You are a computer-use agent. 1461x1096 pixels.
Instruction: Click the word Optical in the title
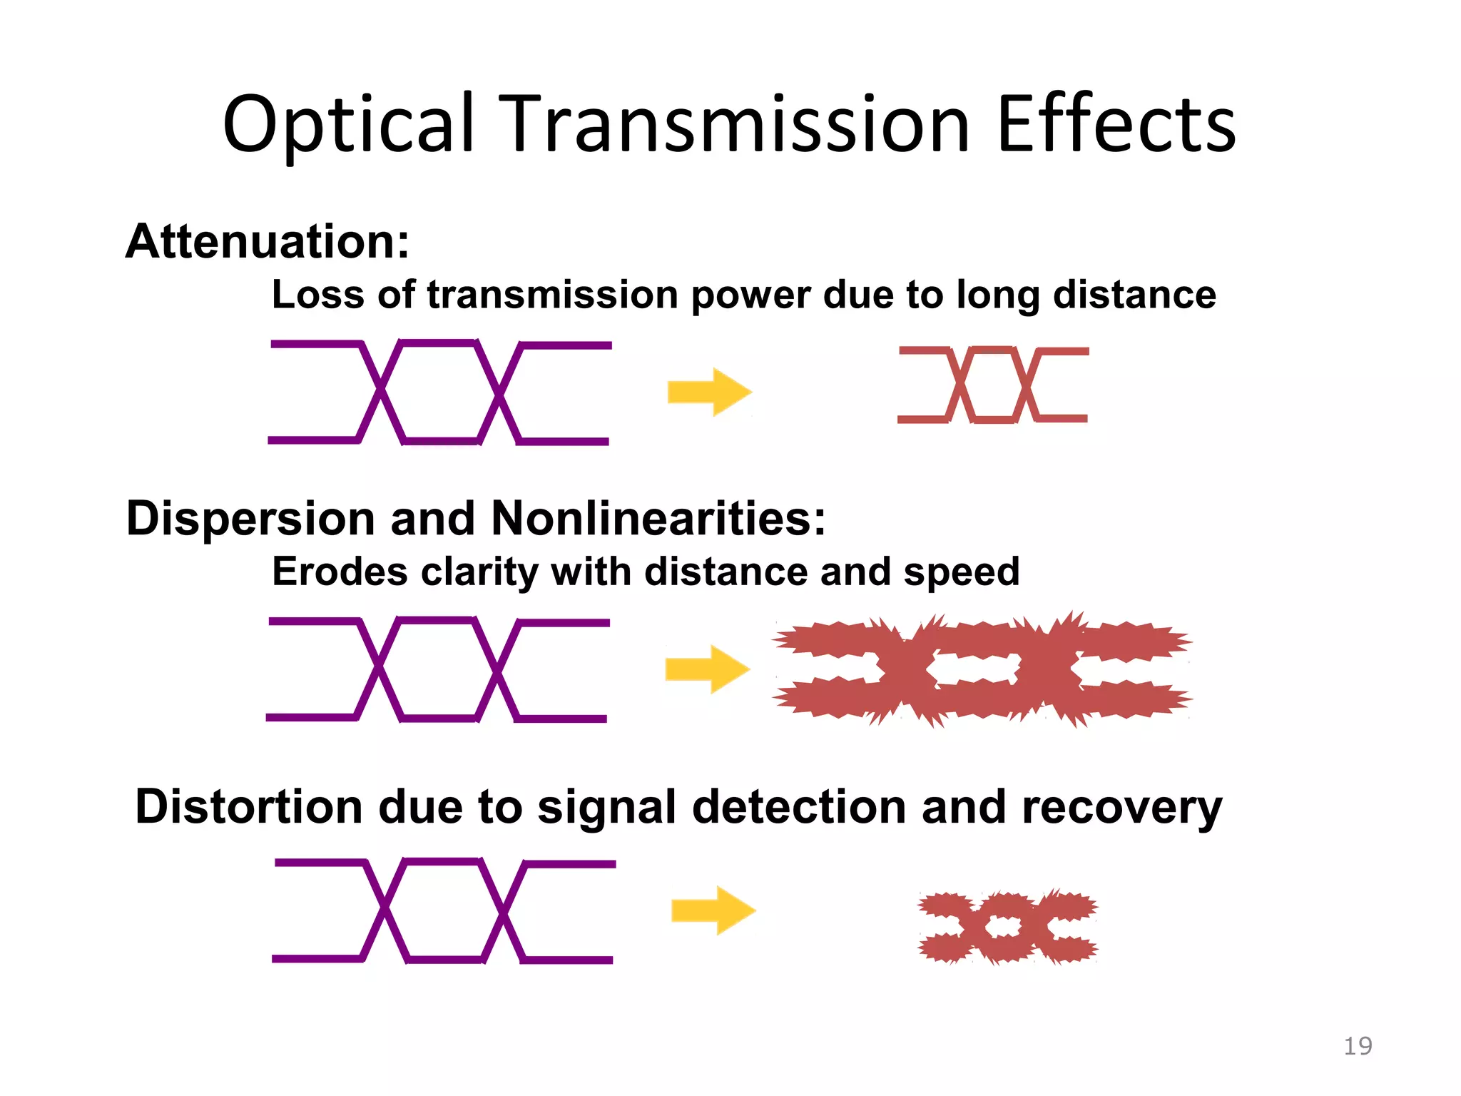pyautogui.click(x=348, y=125)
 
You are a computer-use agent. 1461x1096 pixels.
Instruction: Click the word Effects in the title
pyautogui.click(x=1116, y=125)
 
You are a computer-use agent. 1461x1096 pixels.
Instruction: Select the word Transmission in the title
pyautogui.click(x=735, y=125)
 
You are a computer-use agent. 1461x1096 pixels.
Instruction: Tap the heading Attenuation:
pyautogui.click(x=268, y=241)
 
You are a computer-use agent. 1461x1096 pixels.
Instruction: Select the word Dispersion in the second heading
pyautogui.click(x=250, y=518)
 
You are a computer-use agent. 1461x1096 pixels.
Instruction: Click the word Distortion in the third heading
pyautogui.click(x=249, y=807)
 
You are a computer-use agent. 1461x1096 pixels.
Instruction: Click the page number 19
pyautogui.click(x=1358, y=1046)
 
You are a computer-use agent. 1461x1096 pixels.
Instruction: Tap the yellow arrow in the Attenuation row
pyautogui.click(x=710, y=392)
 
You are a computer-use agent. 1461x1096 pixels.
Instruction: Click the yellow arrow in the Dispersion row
pyautogui.click(x=708, y=669)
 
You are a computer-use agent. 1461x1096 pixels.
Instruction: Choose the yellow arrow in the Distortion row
pyautogui.click(x=713, y=910)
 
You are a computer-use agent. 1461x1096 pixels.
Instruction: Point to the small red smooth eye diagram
pyautogui.click(x=993, y=385)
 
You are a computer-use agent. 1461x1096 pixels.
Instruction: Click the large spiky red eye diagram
pyautogui.click(x=982, y=669)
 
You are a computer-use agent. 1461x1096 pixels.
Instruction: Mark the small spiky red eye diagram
pyautogui.click(x=1007, y=926)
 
